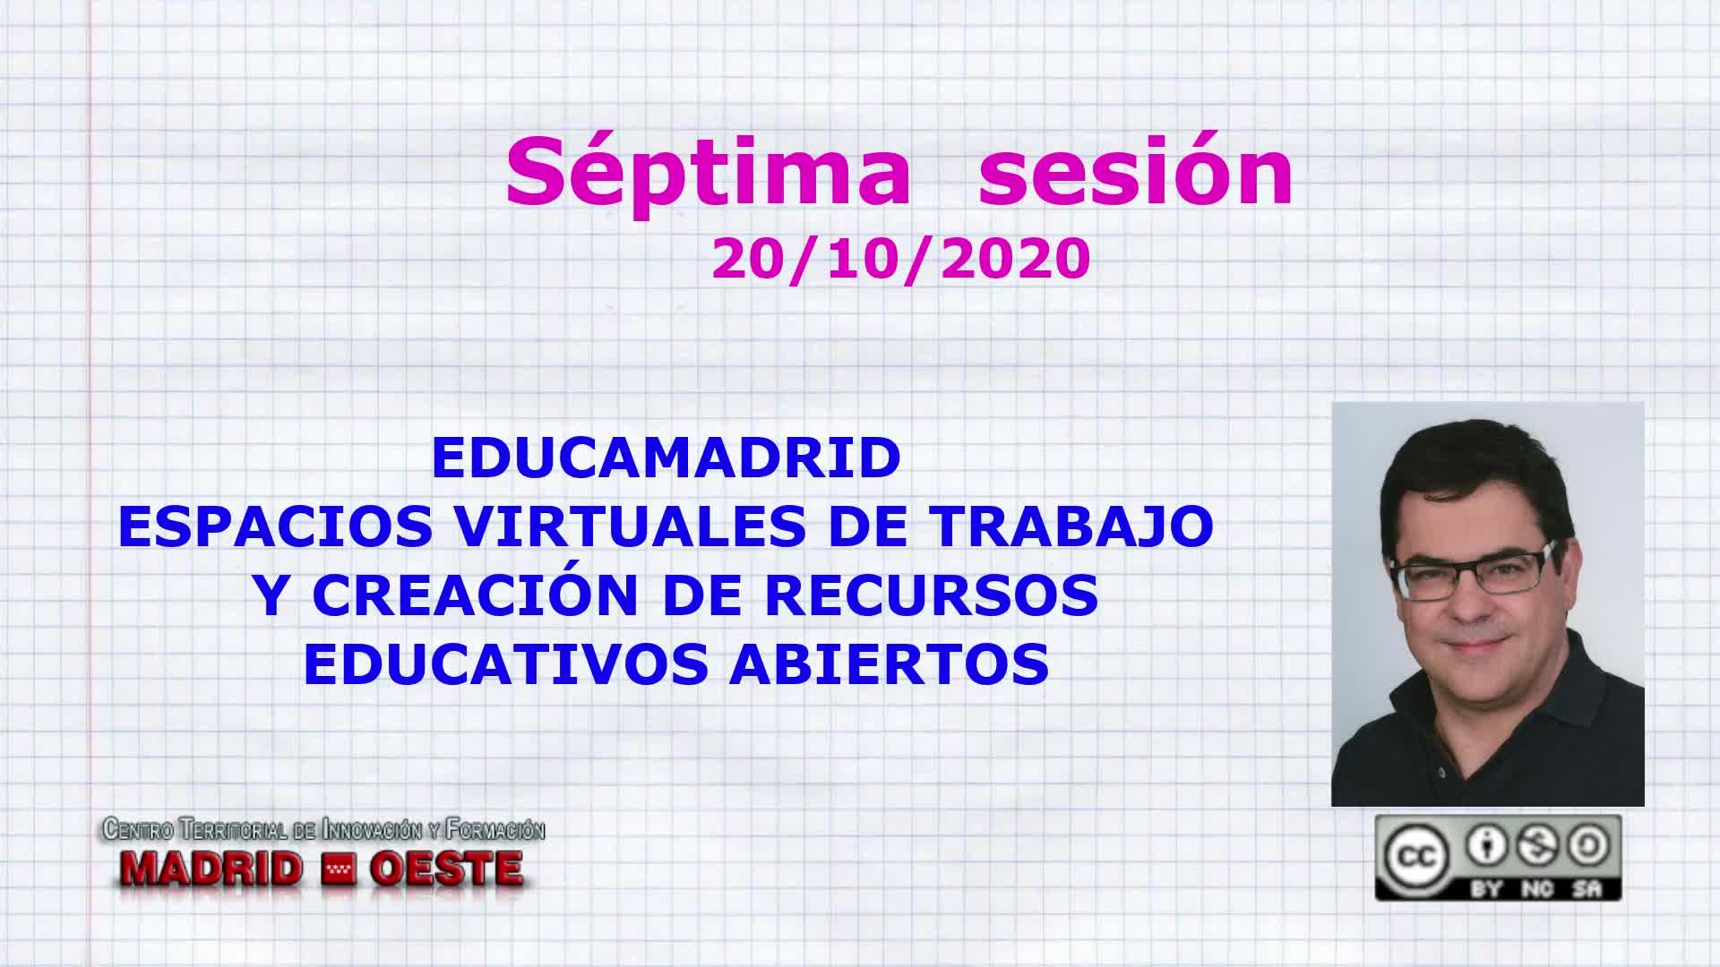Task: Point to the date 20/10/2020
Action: pos(901,260)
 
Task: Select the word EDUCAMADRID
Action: pos(666,458)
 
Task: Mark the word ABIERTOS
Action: pos(889,663)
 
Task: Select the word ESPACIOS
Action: pos(276,526)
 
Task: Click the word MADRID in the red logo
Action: pos(212,868)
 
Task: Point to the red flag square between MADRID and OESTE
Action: pos(337,868)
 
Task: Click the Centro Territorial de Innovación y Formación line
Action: pos(324,830)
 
